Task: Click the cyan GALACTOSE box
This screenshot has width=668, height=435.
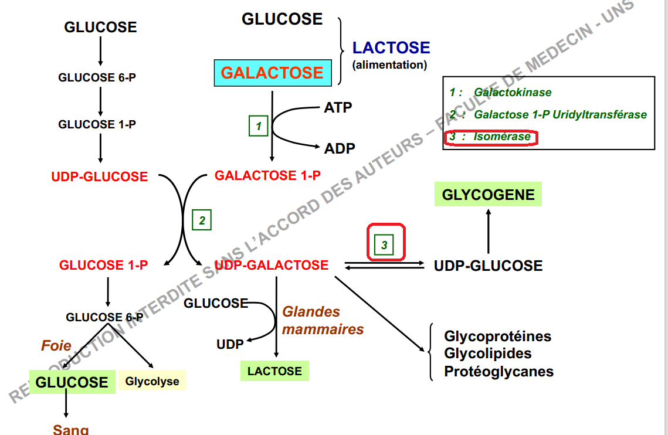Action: (x=273, y=73)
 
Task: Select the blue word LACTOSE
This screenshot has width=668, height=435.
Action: (x=391, y=47)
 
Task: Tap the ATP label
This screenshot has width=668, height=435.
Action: (x=338, y=107)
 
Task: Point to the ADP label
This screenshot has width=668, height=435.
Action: (x=340, y=148)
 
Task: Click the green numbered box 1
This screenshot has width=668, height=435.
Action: (x=258, y=125)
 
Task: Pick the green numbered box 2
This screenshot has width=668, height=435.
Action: (x=202, y=220)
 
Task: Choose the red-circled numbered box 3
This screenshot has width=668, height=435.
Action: (x=385, y=244)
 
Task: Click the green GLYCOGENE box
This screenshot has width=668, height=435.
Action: (x=488, y=195)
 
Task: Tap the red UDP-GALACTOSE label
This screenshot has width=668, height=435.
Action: (x=272, y=265)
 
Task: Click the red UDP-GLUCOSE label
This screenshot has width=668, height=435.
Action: (x=99, y=176)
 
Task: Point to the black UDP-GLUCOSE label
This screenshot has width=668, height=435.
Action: (x=488, y=266)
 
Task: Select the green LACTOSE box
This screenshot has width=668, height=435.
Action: (x=274, y=371)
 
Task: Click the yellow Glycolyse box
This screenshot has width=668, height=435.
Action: (x=152, y=381)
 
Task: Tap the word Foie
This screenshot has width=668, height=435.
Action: (x=56, y=345)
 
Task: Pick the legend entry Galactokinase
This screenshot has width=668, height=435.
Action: (x=513, y=92)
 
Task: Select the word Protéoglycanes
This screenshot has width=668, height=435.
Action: (x=499, y=372)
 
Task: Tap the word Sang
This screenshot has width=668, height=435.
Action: (x=70, y=429)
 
